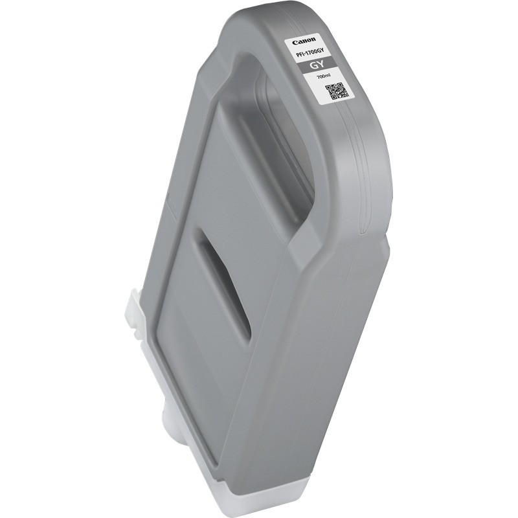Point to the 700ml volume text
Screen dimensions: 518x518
tap(322, 77)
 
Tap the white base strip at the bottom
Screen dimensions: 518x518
tap(259, 499)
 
